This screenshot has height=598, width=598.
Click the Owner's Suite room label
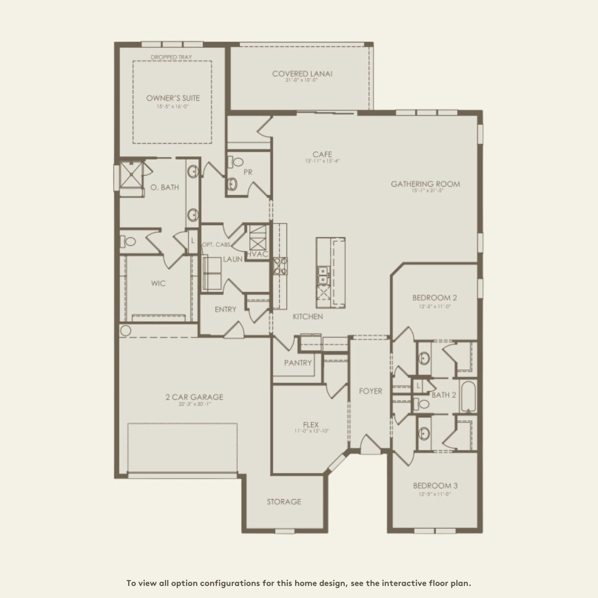pos(173,98)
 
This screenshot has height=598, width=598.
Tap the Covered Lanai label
pos(302,74)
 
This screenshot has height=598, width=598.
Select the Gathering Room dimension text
pos(427,190)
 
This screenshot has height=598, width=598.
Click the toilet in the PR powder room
pos(235,163)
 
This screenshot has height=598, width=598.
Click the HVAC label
pos(257,254)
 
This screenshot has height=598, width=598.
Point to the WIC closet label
pos(158,283)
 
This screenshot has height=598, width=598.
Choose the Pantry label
pos(298,363)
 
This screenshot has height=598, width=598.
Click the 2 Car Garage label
pos(194,397)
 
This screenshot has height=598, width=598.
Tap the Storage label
pos(284,502)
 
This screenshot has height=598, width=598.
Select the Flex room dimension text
pos(311,431)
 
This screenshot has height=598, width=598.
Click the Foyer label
pos(370,391)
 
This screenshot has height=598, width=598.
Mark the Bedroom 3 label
pos(435,486)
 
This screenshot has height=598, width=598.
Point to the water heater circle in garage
pos(125,331)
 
